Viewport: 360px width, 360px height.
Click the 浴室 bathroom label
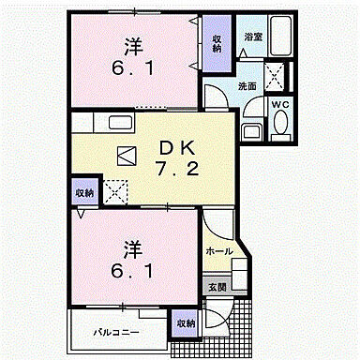pyautogui.click(x=253, y=37)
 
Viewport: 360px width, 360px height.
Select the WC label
pyautogui.click(x=280, y=104)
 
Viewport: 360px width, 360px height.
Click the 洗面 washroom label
pyautogui.click(x=246, y=85)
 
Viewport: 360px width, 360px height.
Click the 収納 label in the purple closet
pyautogui.click(x=215, y=44)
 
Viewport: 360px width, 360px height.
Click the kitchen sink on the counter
pyautogui.click(x=123, y=123)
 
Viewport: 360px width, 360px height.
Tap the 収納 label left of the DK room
pyautogui.click(x=84, y=192)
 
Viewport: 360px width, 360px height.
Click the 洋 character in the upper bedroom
pyautogui.click(x=132, y=44)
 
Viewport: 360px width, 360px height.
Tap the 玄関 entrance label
pyautogui.click(x=216, y=287)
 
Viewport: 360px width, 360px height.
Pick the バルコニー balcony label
pyautogui.click(x=114, y=332)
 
